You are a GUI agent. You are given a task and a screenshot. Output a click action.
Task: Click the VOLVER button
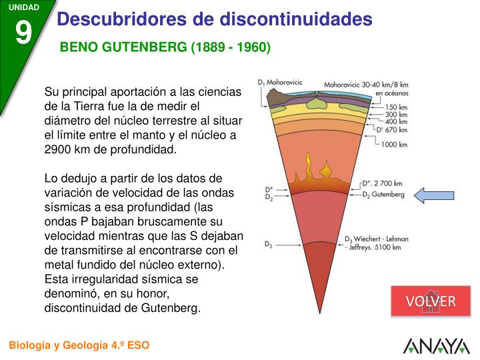point(431,301)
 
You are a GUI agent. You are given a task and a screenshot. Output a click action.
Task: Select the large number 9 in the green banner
point(23,32)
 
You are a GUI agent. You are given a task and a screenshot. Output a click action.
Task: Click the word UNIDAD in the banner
point(23,7)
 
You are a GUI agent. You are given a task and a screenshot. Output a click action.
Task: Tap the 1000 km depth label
point(393,144)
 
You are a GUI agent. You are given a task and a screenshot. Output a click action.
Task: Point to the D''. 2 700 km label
point(382,183)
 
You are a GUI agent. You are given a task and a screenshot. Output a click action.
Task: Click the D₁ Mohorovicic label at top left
point(280,83)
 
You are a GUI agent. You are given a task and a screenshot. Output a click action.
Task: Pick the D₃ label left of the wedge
point(269,245)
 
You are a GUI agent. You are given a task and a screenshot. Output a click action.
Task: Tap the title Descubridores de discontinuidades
point(214,19)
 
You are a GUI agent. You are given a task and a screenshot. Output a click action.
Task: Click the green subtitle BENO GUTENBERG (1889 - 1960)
point(165,48)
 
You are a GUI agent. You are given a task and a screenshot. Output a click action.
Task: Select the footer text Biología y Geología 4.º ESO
point(79,345)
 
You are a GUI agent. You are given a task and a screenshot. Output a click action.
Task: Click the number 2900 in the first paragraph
point(59,149)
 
